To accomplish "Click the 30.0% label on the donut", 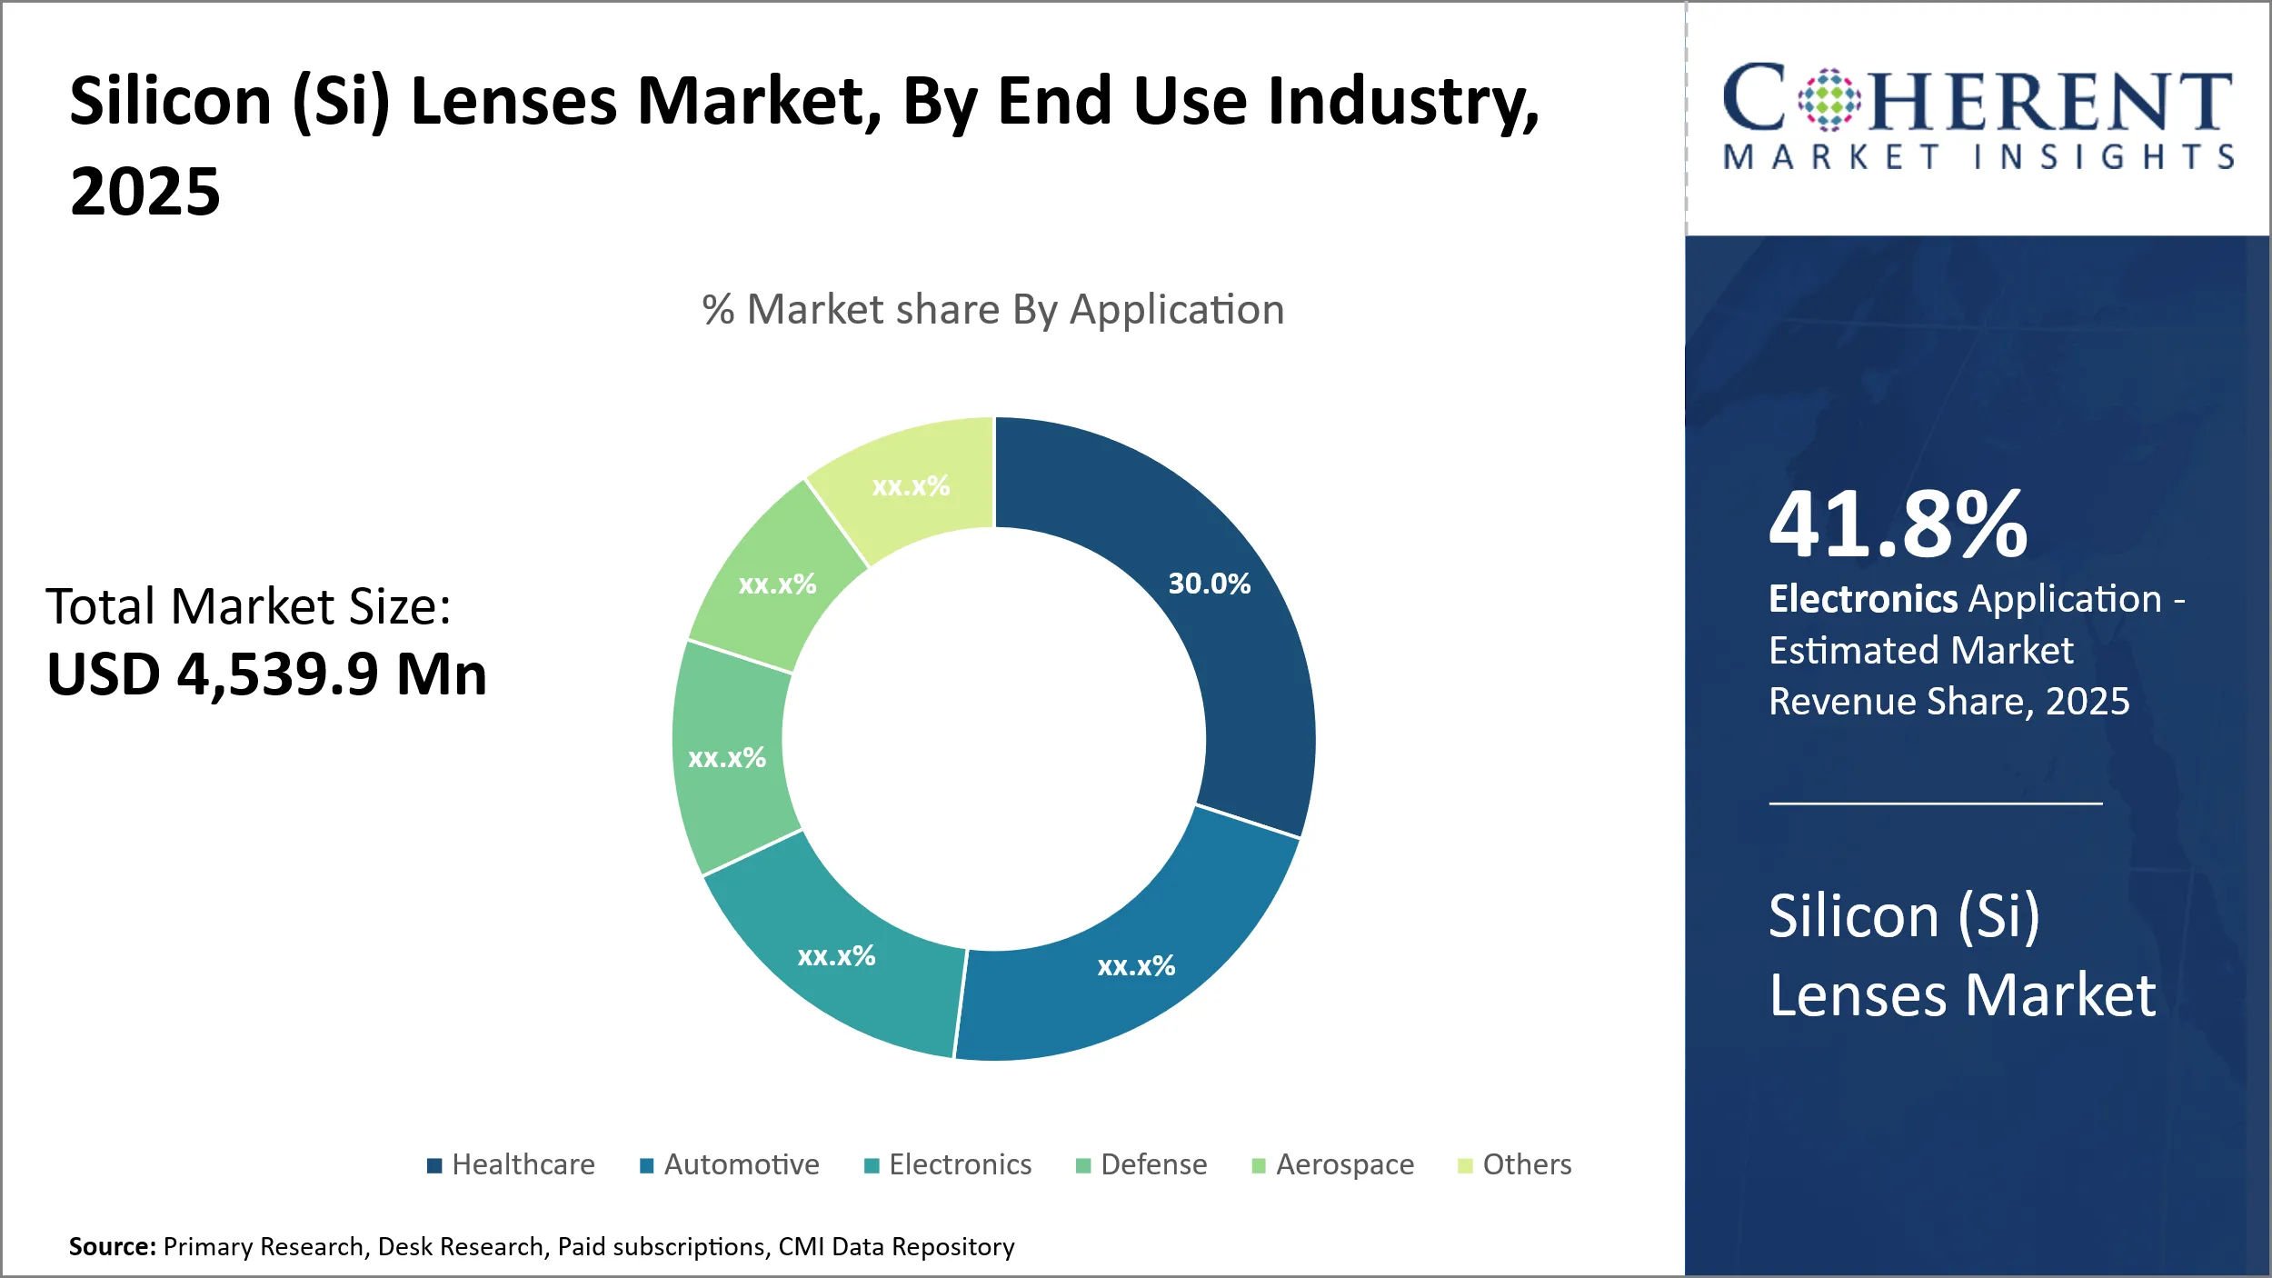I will click(1209, 584).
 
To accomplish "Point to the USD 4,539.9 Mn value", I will click(266, 674).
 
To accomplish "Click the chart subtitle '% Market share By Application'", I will click(993, 310).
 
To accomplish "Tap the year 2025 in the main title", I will click(145, 192).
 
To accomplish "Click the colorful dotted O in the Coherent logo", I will click(1829, 100).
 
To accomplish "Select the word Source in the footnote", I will click(112, 1246).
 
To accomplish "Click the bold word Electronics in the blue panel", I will click(1862, 599).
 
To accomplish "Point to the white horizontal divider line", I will click(1935, 804).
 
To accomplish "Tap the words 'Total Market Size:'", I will click(248, 606).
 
